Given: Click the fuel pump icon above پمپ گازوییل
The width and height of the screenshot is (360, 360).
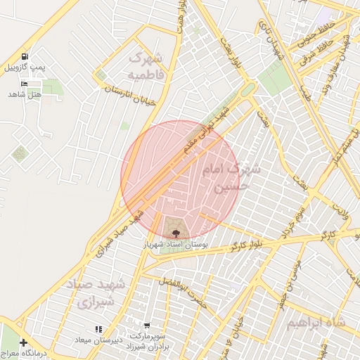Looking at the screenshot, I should (26, 56).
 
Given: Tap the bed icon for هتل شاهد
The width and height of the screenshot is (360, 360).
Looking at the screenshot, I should (26, 84).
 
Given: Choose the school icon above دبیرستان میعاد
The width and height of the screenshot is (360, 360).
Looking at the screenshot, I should (98, 328).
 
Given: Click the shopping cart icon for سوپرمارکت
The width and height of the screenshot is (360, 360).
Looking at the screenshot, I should (146, 326).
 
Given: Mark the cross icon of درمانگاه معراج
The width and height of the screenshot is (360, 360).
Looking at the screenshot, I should (24, 342).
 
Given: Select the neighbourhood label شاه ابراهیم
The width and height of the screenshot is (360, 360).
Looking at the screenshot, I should (316, 322).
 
